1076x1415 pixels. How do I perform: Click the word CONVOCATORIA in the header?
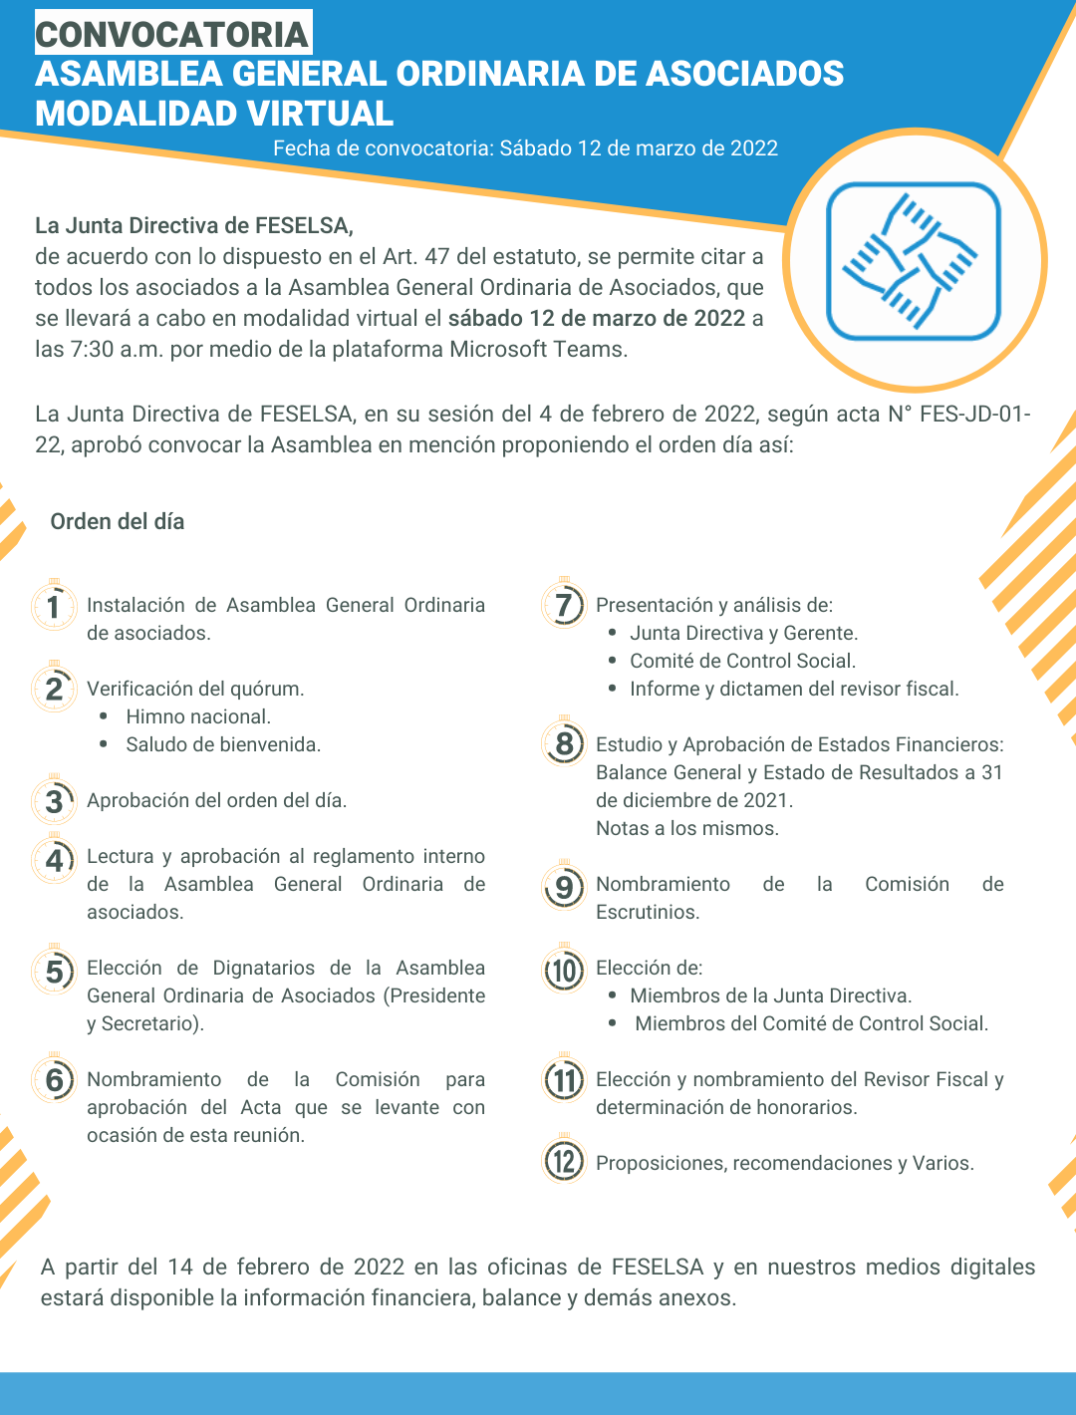[x=172, y=34]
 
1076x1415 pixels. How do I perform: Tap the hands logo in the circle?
[x=913, y=261]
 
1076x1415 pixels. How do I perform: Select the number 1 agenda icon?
[x=54, y=606]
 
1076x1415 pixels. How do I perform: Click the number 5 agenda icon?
[x=54, y=971]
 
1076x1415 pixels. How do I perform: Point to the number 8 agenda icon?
[x=564, y=743]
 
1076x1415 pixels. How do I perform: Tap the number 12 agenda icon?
[x=564, y=1161]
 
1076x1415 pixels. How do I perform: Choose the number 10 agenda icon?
[x=564, y=970]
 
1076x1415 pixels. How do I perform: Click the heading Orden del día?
[x=118, y=521]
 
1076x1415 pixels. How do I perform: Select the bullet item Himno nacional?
[x=198, y=716]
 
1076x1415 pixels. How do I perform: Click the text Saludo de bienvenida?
[x=223, y=744]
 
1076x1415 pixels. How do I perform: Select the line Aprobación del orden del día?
[x=216, y=800]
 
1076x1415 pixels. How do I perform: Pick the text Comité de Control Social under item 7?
[x=742, y=661]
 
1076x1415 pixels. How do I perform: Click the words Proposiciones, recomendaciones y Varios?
[x=784, y=1163]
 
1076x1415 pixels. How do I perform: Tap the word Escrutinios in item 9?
[x=647, y=912]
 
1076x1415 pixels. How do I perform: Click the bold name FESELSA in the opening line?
[x=302, y=225]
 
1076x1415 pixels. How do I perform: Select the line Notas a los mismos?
[x=686, y=828]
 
